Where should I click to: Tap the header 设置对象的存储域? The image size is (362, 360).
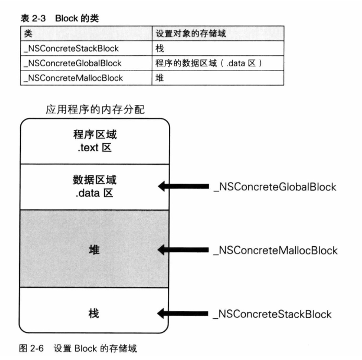click(190, 34)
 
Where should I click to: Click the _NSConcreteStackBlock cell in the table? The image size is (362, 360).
click(71, 49)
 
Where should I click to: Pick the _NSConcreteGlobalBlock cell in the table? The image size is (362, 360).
click(73, 63)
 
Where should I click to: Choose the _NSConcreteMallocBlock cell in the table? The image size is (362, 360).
click(74, 78)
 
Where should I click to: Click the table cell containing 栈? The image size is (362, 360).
click(160, 49)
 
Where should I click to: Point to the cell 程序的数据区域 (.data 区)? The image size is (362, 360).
click(208, 63)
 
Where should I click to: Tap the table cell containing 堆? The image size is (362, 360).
click(160, 78)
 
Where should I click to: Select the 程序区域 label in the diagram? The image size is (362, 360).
click(95, 135)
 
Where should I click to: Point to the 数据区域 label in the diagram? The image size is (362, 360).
click(95, 180)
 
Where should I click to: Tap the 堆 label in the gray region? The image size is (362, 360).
click(95, 249)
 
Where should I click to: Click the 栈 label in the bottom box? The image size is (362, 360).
click(95, 314)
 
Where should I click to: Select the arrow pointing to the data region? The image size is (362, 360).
click(182, 186)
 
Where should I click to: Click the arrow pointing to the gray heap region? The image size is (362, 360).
click(182, 250)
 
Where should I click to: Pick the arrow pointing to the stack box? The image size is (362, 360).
click(182, 314)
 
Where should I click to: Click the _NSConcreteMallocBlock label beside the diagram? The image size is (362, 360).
click(275, 250)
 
